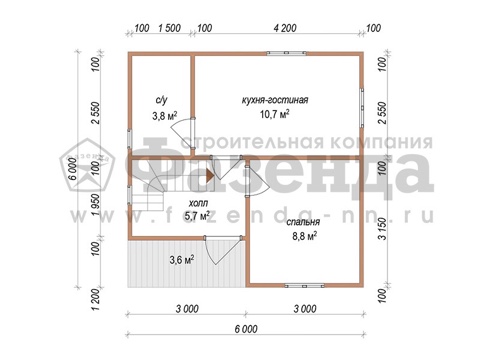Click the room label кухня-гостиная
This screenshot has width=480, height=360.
pyautogui.click(x=275, y=100)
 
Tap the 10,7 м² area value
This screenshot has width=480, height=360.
pyautogui.click(x=274, y=114)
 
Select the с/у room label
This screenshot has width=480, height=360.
pyautogui.click(x=162, y=100)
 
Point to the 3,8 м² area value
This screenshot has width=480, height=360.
pyautogui.click(x=165, y=116)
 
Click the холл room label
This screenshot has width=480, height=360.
pyautogui.click(x=198, y=203)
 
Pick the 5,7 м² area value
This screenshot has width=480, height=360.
pyautogui.click(x=197, y=216)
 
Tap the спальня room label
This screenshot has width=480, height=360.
pyautogui.click(x=303, y=222)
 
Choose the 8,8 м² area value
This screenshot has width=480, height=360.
pyautogui.click(x=304, y=236)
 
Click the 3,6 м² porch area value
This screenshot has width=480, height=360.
pyautogui.click(x=182, y=260)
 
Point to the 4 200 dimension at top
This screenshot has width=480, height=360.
pyautogui.click(x=285, y=28)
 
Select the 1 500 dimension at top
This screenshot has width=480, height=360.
pyautogui.click(x=169, y=28)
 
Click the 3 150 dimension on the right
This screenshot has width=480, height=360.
pyautogui.click(x=383, y=229)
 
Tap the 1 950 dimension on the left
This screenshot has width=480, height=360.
pyautogui.click(x=96, y=205)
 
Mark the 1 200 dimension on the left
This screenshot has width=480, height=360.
pyautogui.click(x=96, y=300)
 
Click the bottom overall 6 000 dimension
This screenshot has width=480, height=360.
pyautogui.click(x=246, y=329)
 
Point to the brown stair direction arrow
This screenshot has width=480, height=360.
pyautogui.click(x=210, y=176)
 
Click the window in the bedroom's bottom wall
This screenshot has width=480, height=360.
pyautogui.click(x=304, y=286)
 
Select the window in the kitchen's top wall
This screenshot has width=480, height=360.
pyautogui.click(x=287, y=53)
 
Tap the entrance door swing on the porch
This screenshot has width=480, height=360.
pyautogui.click(x=222, y=251)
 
